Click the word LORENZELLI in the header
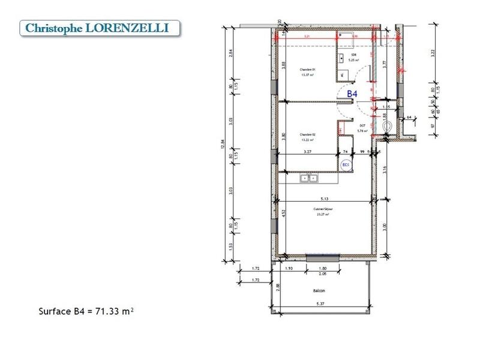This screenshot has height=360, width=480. pyautogui.click(x=132, y=28)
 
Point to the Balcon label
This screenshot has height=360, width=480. pyautogui.click(x=319, y=291)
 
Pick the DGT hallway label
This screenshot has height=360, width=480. pyautogui.click(x=362, y=126)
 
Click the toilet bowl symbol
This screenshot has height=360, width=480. pyautogui.click(x=387, y=127)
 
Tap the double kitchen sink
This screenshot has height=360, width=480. pyautogui.click(x=310, y=178)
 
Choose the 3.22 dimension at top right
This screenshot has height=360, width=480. pyautogui.click(x=433, y=52)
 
